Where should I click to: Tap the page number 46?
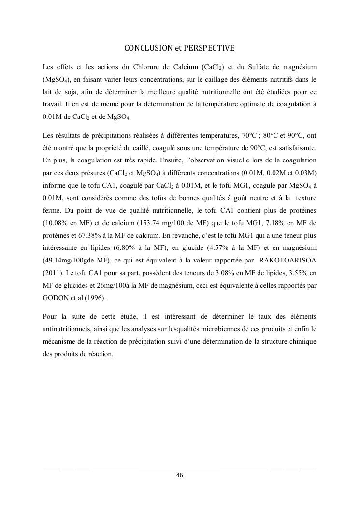tap(179, 475)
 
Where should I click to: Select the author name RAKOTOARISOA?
tap(288, 261)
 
